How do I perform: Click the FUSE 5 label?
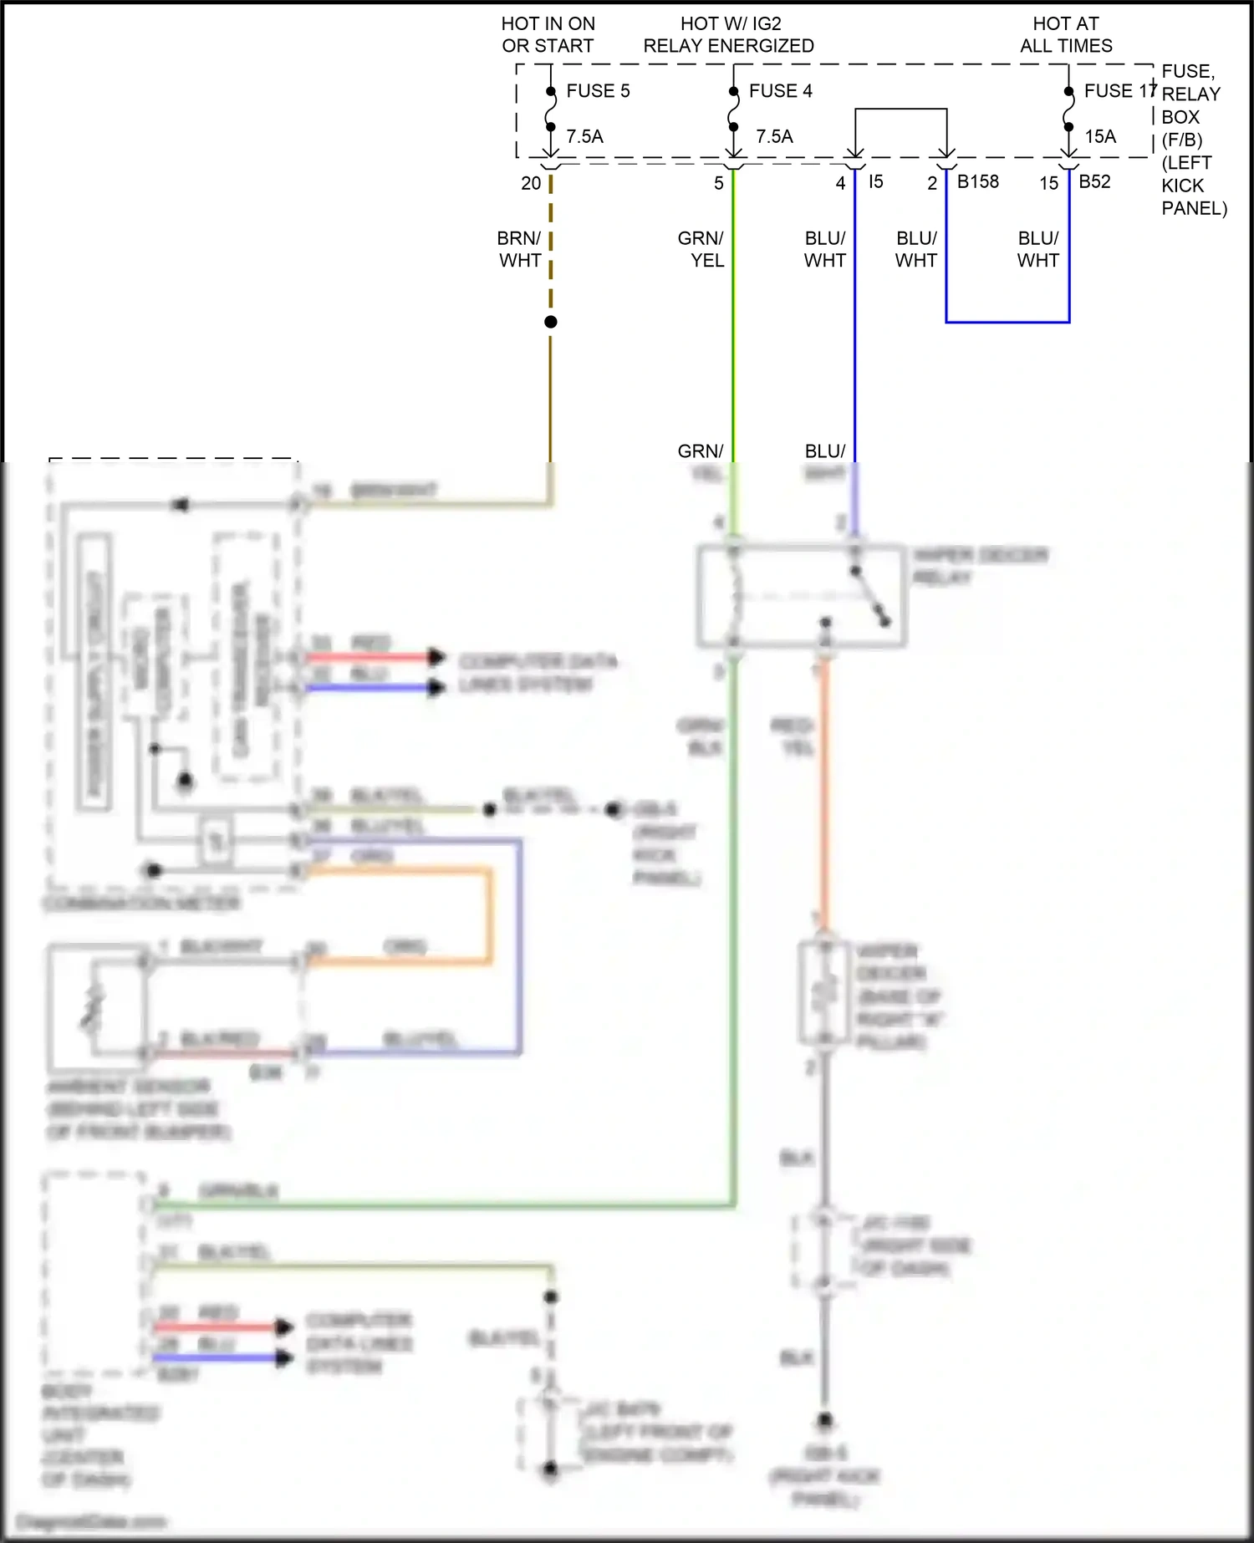(598, 91)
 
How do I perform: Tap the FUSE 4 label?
(780, 91)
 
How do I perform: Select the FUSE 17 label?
(1119, 91)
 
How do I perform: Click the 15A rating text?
(1100, 136)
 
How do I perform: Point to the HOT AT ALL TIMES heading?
(1066, 35)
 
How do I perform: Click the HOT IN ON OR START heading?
(548, 35)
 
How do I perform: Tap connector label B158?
(977, 181)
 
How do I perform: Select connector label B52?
(1094, 181)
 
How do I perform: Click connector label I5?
(875, 181)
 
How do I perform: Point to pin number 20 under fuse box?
(531, 183)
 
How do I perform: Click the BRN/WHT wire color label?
(520, 249)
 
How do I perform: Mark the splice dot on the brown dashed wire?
(550, 322)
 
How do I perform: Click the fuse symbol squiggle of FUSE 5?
(550, 109)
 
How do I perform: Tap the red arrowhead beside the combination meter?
(436, 657)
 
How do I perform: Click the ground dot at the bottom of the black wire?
(824, 1419)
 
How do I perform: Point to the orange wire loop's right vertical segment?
(489, 916)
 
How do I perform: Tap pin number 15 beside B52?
(1048, 183)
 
